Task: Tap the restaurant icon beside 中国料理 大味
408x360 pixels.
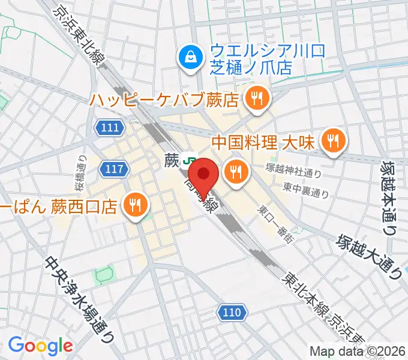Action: point(331,141)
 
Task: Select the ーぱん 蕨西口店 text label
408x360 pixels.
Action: point(59,207)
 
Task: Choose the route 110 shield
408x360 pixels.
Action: point(231,312)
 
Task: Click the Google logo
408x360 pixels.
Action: point(40,346)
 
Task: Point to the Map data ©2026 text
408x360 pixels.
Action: point(358,351)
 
